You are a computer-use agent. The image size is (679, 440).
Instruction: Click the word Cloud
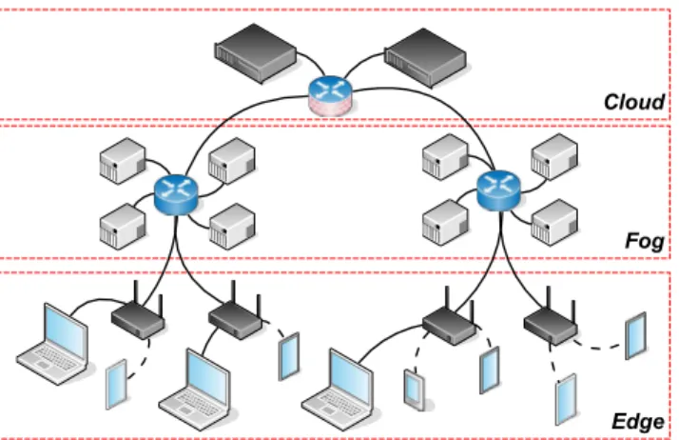[634, 102]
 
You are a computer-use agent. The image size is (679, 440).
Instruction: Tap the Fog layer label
[645, 240]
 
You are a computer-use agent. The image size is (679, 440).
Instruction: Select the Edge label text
[638, 421]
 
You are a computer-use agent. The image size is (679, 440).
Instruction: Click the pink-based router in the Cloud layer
[330, 96]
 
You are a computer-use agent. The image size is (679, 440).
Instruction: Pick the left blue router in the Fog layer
[176, 195]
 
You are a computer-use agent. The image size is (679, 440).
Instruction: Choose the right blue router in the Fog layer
[498, 191]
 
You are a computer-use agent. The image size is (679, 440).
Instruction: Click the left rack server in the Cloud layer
[256, 53]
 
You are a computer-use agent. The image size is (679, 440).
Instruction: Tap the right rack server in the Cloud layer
[425, 58]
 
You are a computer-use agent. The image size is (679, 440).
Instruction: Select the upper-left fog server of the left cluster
[123, 160]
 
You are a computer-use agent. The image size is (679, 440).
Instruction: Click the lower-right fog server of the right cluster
[554, 223]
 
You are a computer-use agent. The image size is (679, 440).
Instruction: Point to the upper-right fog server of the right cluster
[554, 156]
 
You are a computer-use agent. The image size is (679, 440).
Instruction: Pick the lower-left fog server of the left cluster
[123, 227]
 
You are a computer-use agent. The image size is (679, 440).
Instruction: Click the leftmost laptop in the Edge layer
[53, 344]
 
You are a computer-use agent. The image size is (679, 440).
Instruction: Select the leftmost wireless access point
[138, 314]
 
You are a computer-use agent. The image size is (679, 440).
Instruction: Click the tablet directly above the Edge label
[566, 399]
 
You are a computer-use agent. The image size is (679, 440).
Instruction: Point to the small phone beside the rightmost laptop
[415, 390]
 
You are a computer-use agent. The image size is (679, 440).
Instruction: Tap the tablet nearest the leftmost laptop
[116, 385]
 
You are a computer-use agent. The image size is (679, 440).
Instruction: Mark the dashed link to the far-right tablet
[600, 348]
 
